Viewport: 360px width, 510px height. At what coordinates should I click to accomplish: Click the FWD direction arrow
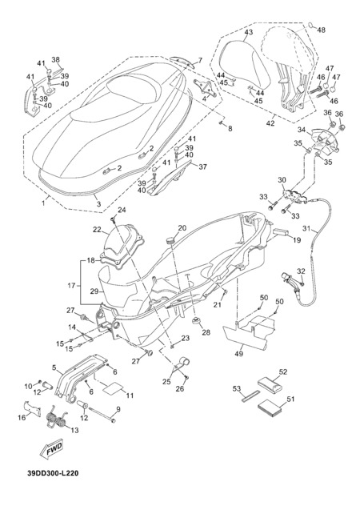click(51, 450)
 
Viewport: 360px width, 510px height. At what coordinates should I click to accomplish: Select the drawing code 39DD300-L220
click(53, 473)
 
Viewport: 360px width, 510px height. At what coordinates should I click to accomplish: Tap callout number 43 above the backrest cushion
click(248, 32)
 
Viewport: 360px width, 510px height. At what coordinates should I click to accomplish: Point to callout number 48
click(321, 30)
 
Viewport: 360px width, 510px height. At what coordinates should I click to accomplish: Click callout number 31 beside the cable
click(306, 228)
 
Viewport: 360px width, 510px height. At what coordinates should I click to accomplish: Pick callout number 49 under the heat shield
click(239, 354)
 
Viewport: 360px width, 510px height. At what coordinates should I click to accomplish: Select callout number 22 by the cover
click(97, 229)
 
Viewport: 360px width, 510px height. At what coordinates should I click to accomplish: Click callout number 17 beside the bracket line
click(71, 286)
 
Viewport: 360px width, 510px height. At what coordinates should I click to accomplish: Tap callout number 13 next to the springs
click(74, 430)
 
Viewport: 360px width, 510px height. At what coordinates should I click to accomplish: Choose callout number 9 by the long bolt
click(118, 409)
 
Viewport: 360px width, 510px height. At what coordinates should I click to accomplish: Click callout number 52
click(283, 371)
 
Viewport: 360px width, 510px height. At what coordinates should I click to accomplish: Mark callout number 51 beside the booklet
click(290, 399)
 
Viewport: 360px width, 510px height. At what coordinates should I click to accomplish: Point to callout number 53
click(237, 388)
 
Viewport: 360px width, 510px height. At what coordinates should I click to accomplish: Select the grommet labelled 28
click(196, 321)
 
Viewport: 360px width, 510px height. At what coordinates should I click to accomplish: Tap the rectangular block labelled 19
click(282, 232)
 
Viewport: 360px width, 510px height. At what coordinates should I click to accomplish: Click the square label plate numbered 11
click(114, 386)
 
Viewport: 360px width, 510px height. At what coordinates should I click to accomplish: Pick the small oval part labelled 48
click(311, 25)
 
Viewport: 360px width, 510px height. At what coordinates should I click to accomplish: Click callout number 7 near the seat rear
click(200, 60)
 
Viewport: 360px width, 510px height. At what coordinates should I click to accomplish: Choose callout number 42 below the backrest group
click(270, 123)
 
